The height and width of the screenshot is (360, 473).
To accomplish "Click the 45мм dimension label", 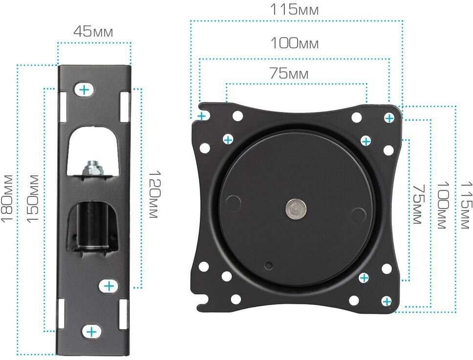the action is click(93, 31).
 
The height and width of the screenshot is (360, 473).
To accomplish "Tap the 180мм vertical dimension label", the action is click(7, 198).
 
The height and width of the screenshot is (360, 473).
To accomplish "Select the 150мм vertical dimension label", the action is click(33, 199).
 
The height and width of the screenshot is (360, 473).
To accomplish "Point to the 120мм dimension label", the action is click(155, 194).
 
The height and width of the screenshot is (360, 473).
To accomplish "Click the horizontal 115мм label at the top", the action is click(294, 9).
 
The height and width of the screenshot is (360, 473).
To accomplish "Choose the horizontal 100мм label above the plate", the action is click(295, 43).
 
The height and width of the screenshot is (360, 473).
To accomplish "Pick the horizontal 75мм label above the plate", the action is click(289, 73).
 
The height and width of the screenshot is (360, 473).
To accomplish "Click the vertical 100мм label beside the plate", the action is click(443, 205).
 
